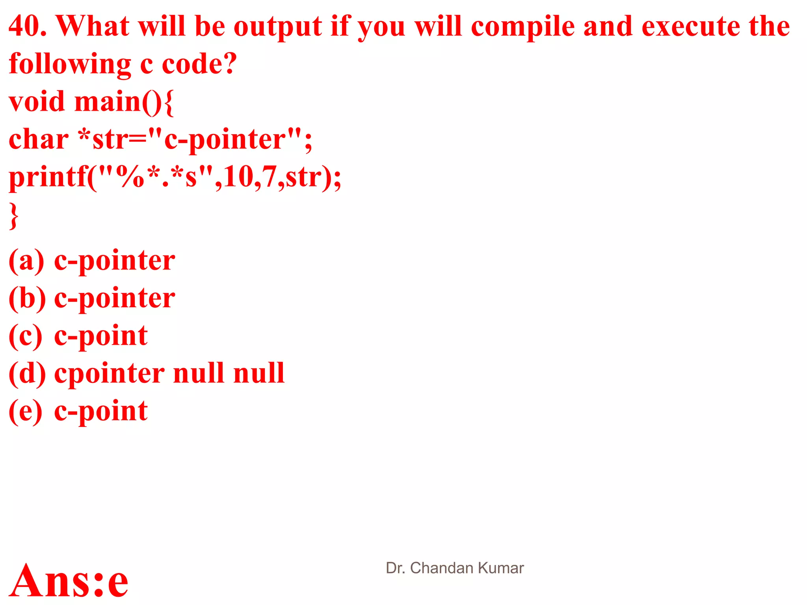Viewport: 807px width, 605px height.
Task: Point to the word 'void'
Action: (x=37, y=102)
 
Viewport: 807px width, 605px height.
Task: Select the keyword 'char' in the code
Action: (x=39, y=139)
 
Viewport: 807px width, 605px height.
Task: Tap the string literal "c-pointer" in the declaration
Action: (x=225, y=139)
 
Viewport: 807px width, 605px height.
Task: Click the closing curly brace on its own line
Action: (x=14, y=216)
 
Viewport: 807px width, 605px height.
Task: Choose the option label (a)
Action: (x=26, y=261)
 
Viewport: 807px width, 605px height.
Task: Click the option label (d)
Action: (x=27, y=373)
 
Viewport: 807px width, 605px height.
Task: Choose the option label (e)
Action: (x=26, y=411)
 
